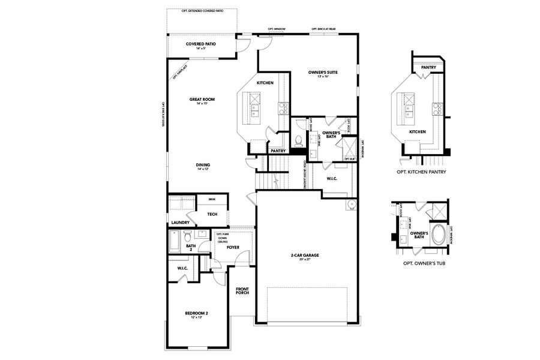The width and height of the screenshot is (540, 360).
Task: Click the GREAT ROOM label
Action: (x=202, y=100)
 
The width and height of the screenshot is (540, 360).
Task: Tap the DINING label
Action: (x=202, y=165)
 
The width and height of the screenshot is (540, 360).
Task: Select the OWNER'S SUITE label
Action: (x=323, y=73)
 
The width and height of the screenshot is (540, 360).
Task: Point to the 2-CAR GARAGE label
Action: (x=305, y=255)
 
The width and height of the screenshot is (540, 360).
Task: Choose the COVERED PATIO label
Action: (x=200, y=44)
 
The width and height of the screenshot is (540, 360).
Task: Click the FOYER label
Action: (x=233, y=247)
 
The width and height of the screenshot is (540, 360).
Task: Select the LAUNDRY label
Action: (x=180, y=222)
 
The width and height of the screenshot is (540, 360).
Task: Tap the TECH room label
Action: (x=212, y=214)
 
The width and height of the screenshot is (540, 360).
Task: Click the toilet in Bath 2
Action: (x=187, y=235)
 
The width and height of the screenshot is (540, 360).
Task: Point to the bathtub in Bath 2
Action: (x=174, y=242)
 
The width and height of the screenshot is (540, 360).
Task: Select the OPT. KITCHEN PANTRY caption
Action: (x=421, y=172)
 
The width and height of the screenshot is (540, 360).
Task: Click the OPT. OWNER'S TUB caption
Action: (x=421, y=263)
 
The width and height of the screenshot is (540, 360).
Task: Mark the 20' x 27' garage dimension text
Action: (x=305, y=260)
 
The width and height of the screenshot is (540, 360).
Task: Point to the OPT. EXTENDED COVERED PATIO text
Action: (x=203, y=11)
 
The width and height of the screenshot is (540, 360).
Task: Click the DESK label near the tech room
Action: (x=212, y=199)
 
